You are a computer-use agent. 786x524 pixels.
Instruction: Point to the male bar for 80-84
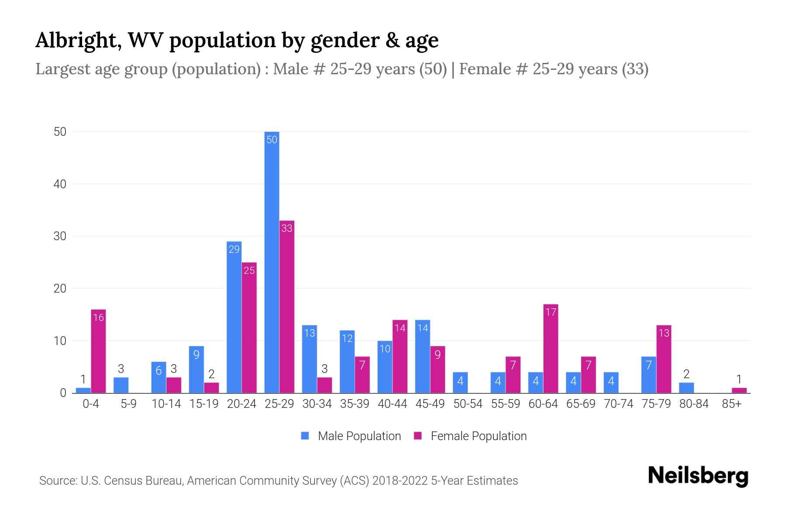(686, 388)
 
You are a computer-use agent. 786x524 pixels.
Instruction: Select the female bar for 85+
(739, 390)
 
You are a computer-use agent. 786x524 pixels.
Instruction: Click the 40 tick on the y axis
(60, 184)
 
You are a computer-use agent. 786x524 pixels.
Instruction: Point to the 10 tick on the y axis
(60, 341)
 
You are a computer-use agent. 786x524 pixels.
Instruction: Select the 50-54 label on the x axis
(468, 404)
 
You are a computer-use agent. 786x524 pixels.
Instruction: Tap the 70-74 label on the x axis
(618, 404)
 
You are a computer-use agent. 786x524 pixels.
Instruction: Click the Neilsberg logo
(698, 476)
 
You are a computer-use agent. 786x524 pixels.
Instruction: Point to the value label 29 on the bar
(234, 249)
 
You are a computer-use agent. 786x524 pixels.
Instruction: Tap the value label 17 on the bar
(551, 312)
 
